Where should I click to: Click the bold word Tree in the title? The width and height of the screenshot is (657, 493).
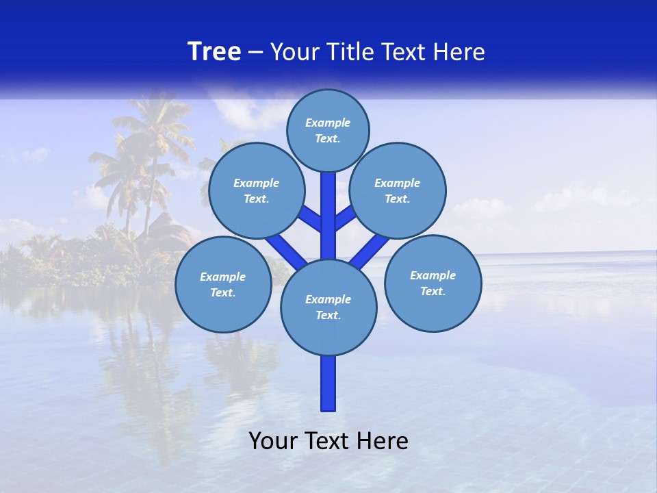point(214,51)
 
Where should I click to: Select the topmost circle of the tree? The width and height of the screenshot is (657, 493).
point(328,130)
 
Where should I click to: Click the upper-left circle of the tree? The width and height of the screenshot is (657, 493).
point(256,190)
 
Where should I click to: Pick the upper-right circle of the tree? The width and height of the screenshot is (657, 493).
point(398,190)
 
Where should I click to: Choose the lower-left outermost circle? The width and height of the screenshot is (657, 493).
point(223,284)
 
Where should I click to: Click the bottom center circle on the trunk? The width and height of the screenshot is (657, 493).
point(328,307)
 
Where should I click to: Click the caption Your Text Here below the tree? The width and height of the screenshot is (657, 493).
point(328,441)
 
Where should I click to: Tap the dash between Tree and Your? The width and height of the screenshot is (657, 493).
point(255,52)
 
